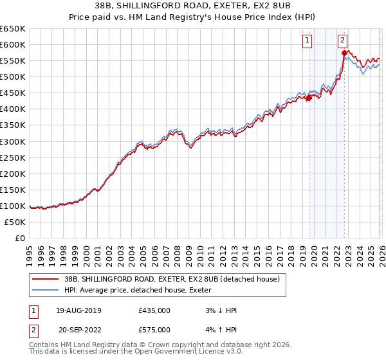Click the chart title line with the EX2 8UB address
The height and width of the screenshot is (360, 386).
[192, 6]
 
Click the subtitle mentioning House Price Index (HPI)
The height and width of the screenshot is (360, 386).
[192, 17]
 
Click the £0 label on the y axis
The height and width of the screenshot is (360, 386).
[21, 238]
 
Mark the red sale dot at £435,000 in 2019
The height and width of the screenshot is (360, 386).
[309, 98]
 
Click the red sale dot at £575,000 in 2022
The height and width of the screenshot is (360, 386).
[344, 53]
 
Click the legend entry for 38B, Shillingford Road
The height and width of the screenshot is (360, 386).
[171, 279]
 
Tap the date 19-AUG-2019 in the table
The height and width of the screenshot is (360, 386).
[78, 310]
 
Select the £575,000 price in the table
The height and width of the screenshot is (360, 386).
[154, 329]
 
